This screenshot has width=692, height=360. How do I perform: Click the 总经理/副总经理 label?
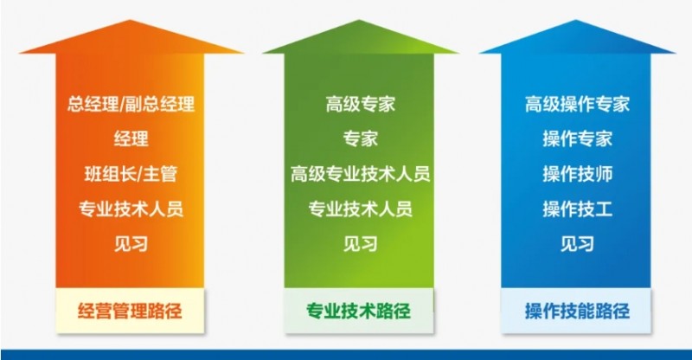coord(131,106)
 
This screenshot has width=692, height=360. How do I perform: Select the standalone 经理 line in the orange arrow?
coord(131,139)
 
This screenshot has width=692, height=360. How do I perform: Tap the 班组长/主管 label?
coord(131,174)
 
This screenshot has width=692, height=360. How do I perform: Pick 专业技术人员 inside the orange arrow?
coord(131,209)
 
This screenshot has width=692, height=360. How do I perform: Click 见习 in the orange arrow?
coord(131,243)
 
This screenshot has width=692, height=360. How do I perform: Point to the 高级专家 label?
coord(361,106)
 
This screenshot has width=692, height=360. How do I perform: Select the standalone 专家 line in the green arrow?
coord(361,139)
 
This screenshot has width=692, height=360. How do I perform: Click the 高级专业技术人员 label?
coord(361,174)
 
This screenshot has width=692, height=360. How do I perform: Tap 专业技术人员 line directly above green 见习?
coord(361,209)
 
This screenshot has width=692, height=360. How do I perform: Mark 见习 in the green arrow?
coord(361,243)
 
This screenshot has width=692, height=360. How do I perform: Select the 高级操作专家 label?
coord(577,106)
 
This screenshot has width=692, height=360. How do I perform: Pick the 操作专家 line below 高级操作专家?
coord(577,139)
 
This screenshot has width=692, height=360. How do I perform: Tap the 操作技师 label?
coord(577,174)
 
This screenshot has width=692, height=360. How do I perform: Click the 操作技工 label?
coord(577,209)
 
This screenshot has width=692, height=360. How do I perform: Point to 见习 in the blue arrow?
coord(577,243)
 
